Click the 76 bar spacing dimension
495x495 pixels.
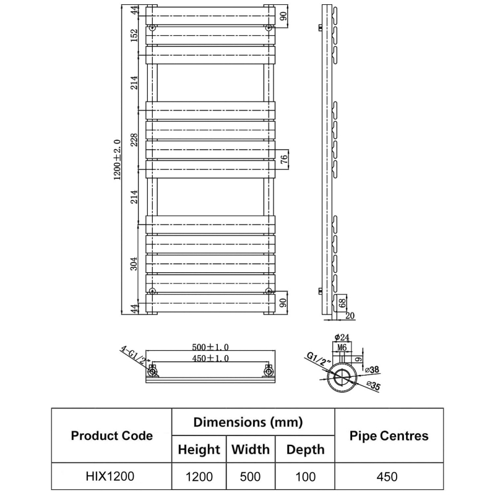284,160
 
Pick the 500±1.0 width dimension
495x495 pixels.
211,348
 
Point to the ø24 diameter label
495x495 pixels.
342,337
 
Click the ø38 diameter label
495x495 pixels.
372,369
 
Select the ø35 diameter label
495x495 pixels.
373,385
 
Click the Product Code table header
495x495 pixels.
111,436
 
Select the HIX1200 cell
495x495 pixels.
111,476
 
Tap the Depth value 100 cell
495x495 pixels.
305,476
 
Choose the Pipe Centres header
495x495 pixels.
389,436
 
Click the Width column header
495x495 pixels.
251,449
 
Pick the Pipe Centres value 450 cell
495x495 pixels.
389,476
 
